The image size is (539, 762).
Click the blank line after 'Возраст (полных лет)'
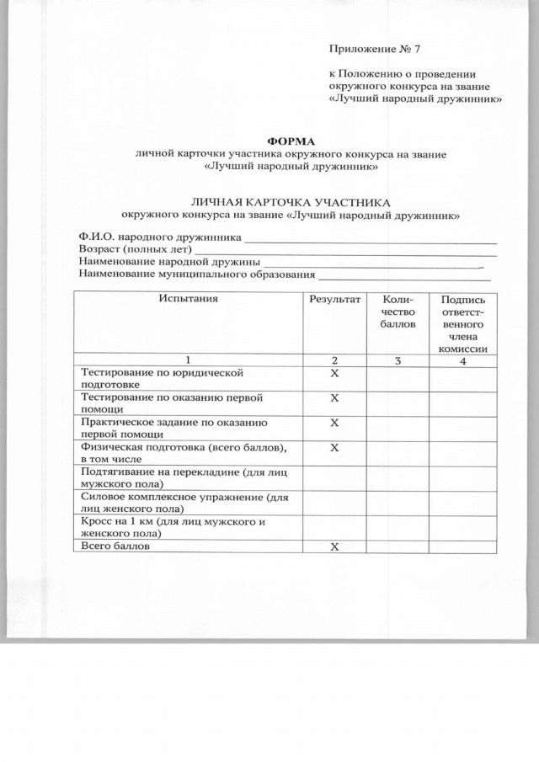[x=345, y=252]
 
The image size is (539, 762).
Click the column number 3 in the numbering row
[x=398, y=360]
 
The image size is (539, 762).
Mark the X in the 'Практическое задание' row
[x=334, y=422]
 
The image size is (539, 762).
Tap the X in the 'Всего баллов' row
[x=334, y=546]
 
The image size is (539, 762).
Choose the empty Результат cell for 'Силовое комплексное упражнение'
[x=334, y=503]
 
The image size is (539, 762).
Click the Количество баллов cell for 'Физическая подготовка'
[x=398, y=453]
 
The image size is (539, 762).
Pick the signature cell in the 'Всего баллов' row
[x=463, y=546]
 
